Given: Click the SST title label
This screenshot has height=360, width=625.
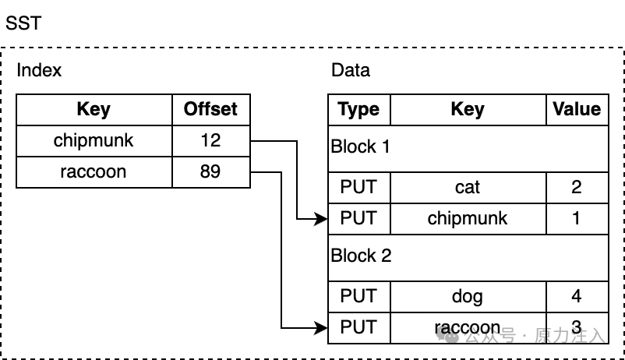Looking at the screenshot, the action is click(x=23, y=23).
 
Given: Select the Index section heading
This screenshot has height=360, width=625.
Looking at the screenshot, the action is click(x=39, y=70).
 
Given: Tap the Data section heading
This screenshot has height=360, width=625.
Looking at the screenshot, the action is click(x=351, y=70).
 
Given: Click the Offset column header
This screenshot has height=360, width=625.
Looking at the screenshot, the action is click(x=210, y=109).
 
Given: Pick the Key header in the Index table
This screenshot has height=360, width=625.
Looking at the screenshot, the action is click(x=94, y=109).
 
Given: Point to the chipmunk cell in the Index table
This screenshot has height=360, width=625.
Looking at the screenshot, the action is click(x=94, y=141).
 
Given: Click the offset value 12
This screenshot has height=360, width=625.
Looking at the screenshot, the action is click(x=210, y=140).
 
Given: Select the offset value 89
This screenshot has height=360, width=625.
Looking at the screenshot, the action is click(x=210, y=171).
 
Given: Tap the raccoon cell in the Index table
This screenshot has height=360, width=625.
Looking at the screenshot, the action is click(x=94, y=172).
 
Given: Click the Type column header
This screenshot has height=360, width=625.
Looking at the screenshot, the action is click(x=358, y=109).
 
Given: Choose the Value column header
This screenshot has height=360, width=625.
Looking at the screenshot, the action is click(x=577, y=109).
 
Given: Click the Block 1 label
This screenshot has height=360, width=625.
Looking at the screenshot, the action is click(x=360, y=146).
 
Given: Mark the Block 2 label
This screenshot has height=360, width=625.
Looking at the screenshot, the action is click(x=361, y=256).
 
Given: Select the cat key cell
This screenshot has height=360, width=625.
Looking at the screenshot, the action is click(x=468, y=187).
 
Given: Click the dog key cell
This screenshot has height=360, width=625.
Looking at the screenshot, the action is click(x=468, y=297).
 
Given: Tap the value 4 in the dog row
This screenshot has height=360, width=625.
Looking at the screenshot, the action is click(x=577, y=296).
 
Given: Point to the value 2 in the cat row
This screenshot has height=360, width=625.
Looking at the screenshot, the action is click(x=577, y=187).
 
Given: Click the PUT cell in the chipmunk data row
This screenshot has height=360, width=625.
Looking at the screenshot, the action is click(x=358, y=218).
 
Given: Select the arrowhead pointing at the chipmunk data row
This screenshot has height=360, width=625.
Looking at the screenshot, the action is click(x=320, y=219).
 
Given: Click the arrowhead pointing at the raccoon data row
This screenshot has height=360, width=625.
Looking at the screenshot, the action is click(x=320, y=328).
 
